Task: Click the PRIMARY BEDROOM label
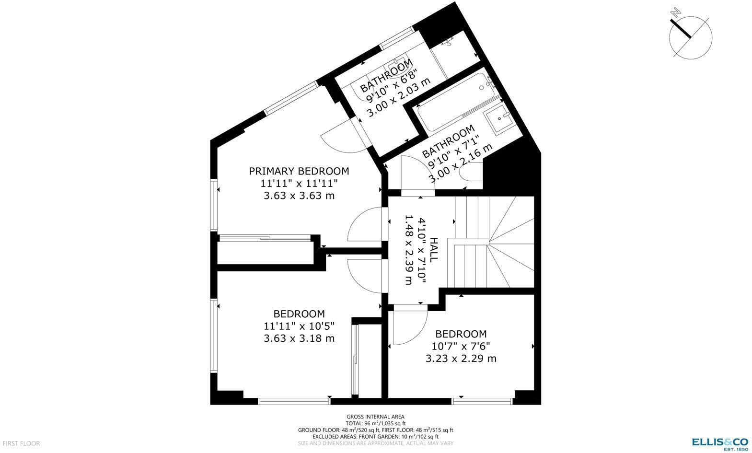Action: click(299, 171)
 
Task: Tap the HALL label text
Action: click(433, 249)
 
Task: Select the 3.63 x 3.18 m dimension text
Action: click(299, 338)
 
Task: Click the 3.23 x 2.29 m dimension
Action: click(461, 359)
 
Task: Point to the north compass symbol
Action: click(690, 36)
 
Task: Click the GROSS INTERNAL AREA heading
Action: click(375, 417)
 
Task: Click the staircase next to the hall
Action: click(494, 242)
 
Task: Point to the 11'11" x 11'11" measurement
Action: click(299, 183)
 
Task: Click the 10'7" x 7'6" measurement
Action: click(461, 346)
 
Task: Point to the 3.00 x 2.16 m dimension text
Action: click(460, 163)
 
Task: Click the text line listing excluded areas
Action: click(375, 437)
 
